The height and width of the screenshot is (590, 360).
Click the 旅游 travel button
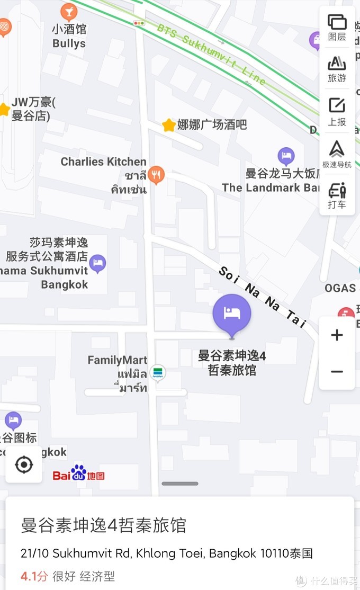coord(337,69)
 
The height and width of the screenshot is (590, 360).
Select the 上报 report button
coord(337,111)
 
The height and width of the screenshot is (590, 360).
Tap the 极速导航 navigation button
coord(337,154)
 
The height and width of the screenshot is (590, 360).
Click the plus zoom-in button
coord(337,335)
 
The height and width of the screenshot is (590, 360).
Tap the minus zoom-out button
coord(337,371)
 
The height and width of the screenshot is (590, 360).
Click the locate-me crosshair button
coord(24,465)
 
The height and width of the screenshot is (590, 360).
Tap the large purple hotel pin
coord(232,314)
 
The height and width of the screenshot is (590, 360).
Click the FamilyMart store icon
coord(157,372)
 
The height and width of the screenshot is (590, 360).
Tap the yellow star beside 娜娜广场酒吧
coord(169,125)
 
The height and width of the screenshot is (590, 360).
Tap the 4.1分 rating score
coord(34,576)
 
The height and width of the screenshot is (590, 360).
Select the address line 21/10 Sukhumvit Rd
coord(167,553)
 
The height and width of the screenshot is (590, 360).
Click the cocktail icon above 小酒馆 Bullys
coord(69,11)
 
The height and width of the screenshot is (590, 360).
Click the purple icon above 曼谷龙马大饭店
coord(286,156)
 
